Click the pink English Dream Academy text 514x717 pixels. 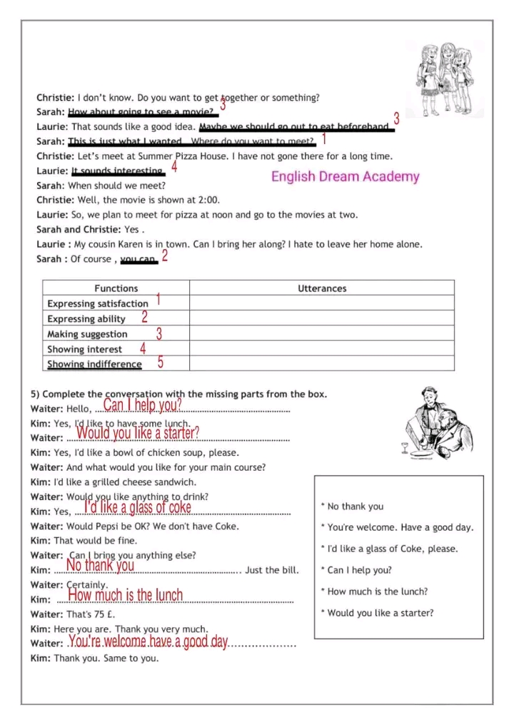tap(345, 177)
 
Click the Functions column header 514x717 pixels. tap(116, 288)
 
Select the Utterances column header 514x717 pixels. tap(321, 288)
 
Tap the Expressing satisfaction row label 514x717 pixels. tap(98, 304)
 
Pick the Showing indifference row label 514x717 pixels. tap(94, 364)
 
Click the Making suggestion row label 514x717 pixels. tap(87, 334)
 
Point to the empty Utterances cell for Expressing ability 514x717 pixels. tap(321, 319)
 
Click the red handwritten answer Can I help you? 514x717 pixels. tap(143, 405)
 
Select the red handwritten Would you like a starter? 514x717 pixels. tap(138, 432)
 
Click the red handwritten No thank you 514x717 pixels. tap(100, 566)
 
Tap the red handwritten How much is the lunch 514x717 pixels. tap(126, 595)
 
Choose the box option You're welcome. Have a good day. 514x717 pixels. tap(400, 528)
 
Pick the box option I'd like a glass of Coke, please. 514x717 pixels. tap(392, 549)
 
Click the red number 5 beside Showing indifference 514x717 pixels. tap(161, 362)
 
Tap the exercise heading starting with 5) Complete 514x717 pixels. tap(178, 394)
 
